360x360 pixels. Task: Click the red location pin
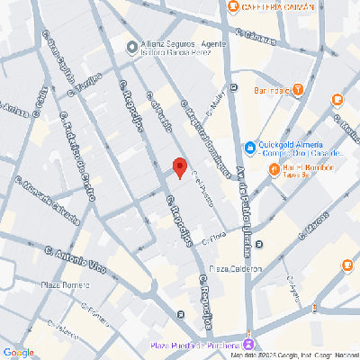(179, 167)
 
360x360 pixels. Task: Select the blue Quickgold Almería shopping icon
(250, 148)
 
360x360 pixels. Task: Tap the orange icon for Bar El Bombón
(274, 167)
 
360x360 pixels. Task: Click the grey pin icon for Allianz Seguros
(131, 47)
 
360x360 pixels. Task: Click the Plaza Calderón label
(236, 267)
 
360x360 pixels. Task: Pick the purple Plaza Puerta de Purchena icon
(249, 343)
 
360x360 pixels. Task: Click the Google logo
(18, 352)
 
